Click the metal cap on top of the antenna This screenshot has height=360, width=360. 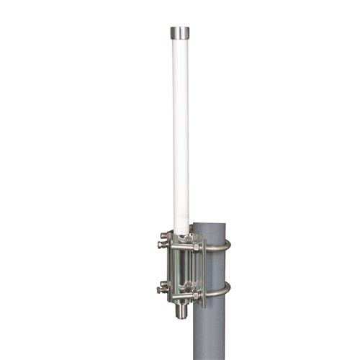[x=181, y=33]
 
